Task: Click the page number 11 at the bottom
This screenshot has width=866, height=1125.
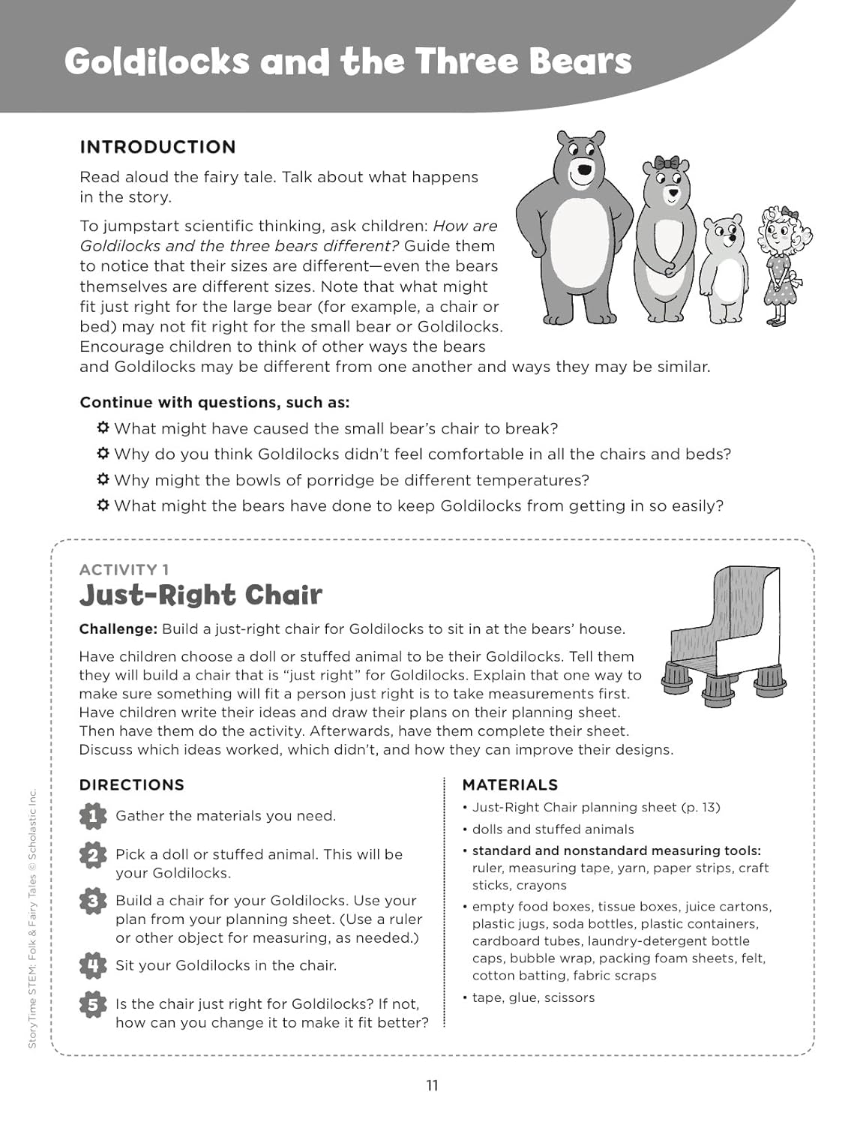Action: (x=432, y=1085)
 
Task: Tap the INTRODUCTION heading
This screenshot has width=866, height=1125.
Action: (x=157, y=147)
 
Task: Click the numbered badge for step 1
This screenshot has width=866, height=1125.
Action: (x=92, y=816)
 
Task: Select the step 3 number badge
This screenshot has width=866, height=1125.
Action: (x=92, y=901)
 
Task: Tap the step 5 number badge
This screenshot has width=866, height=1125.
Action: (x=92, y=1004)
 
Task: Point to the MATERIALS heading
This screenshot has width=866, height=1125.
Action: (x=510, y=785)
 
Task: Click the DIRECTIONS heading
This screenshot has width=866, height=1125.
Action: (x=132, y=785)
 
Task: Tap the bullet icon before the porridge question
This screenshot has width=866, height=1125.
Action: (x=103, y=479)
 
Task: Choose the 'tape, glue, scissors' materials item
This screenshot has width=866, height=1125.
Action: (x=533, y=997)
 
